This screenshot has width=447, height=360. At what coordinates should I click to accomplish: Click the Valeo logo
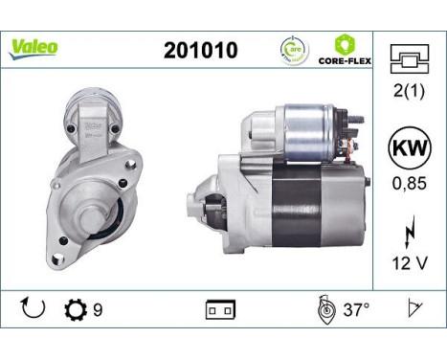[x=34, y=46]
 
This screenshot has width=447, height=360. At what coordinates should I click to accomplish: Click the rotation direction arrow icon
[x=33, y=308]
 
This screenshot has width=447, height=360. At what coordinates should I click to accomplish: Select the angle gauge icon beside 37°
[x=324, y=308]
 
